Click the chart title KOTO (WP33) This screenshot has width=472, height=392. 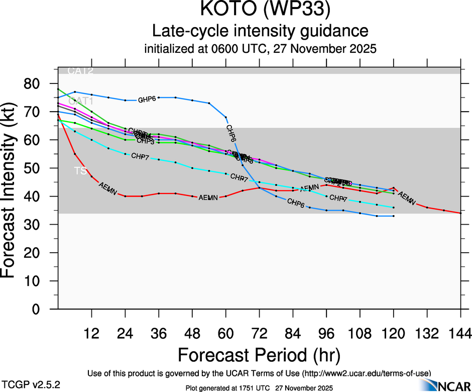pos(261,10)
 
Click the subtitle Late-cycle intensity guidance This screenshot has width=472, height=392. pos(261,31)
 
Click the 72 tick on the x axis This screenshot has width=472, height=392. pos(259,333)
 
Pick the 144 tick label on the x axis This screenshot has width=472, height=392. pos(460,333)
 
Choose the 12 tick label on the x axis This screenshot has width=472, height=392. pos(91,333)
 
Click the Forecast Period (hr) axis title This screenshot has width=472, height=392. pos(259,355)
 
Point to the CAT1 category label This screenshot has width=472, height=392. pos(80,102)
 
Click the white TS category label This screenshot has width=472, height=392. pos(80,171)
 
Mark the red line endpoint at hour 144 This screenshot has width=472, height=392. pos(460,213)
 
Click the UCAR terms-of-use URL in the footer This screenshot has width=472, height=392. pos(365,373)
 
